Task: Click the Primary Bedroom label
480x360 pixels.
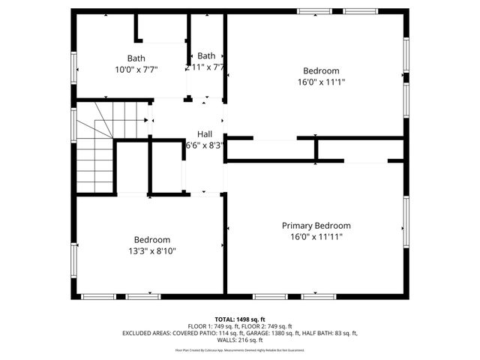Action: tap(316, 225)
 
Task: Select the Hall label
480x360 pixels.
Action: tap(204, 134)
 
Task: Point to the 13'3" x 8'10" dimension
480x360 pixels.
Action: tap(152, 251)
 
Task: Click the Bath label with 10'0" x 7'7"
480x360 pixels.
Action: tap(136, 58)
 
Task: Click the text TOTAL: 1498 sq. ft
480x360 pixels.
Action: tap(240, 319)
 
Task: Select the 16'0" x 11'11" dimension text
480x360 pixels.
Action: tap(316, 236)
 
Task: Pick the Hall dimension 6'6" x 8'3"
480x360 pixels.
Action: tap(204, 145)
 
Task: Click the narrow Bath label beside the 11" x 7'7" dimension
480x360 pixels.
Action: tap(206, 55)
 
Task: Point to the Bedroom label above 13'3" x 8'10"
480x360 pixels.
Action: tap(152, 240)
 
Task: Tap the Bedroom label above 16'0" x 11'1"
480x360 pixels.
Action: tap(321, 70)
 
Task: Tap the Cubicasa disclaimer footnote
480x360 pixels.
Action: tap(240, 349)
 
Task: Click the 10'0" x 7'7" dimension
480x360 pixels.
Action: tap(136, 70)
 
